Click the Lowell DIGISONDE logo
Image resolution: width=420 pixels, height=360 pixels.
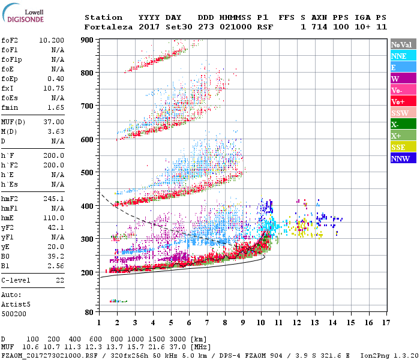[x=22, y=16]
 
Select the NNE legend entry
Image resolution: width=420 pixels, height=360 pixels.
[x=403, y=56]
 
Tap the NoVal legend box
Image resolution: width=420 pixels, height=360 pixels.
[x=403, y=44]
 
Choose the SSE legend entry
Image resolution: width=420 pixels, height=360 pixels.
[x=403, y=147]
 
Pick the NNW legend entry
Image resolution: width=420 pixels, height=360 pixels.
[x=403, y=158]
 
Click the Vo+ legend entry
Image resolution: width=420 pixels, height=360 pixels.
[x=403, y=101]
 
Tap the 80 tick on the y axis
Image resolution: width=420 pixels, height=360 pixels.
[x=90, y=313]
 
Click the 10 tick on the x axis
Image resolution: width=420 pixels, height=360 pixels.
[x=261, y=323]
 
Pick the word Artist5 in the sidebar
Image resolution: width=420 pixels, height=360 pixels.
[x=16, y=304]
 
